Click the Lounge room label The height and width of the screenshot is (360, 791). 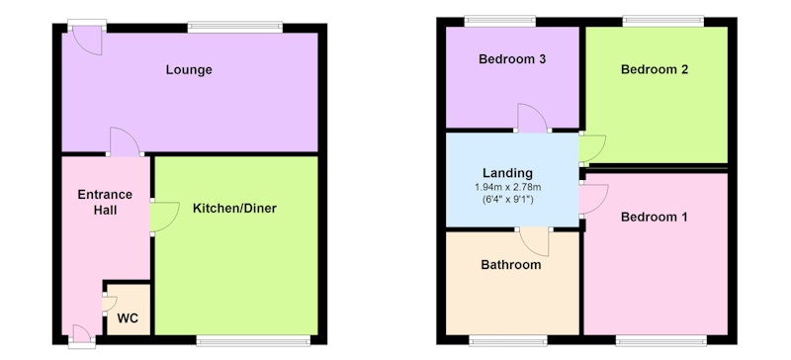189,69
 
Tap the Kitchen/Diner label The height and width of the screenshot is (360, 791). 234,208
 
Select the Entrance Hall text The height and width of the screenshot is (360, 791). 105,202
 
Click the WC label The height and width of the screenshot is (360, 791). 128,319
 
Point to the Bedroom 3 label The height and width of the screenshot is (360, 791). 512,59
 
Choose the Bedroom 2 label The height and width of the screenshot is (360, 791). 655,69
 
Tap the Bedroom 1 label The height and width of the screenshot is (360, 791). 655,218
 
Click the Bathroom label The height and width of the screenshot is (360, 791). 510,265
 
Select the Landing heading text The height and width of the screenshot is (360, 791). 507,173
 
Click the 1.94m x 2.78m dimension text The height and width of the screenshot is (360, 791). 507,187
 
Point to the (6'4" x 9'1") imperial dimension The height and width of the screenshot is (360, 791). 507,199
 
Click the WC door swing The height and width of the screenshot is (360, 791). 110,304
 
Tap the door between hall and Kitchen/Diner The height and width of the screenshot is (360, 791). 164,218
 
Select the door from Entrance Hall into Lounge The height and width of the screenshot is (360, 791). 125,141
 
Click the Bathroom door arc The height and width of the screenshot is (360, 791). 534,242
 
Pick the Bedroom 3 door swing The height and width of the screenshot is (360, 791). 533,118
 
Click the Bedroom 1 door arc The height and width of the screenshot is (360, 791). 594,200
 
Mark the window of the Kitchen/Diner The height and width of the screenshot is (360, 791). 253,341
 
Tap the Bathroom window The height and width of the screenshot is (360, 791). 508,341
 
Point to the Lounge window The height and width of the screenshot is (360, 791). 235,27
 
